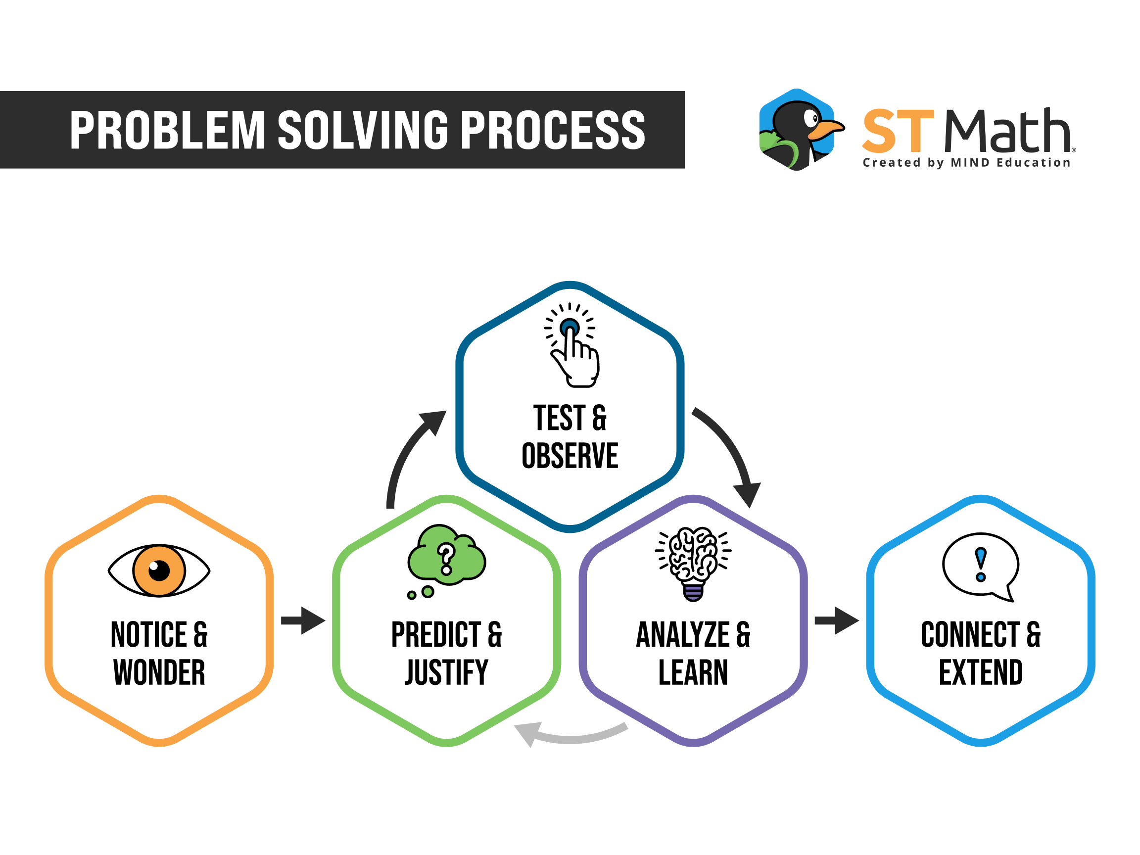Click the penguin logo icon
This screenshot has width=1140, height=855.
tap(801, 129)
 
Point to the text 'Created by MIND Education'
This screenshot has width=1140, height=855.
tap(966, 163)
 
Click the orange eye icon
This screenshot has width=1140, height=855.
tap(159, 570)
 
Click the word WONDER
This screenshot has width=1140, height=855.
tap(159, 672)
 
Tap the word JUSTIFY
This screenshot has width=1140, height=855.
tap(446, 672)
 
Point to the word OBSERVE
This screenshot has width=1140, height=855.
tap(570, 456)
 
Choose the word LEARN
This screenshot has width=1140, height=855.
tap(693, 672)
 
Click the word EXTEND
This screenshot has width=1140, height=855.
tap(981, 672)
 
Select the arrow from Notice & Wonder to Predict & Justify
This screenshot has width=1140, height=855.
tap(303, 620)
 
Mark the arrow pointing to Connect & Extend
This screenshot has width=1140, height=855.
tap(837, 620)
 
